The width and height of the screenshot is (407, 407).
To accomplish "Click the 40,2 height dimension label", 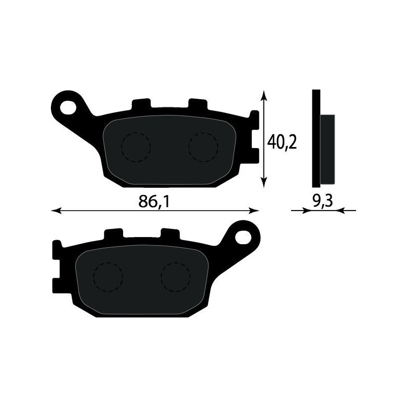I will (x=282, y=142).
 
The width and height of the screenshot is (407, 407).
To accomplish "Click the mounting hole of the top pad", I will (x=68, y=107).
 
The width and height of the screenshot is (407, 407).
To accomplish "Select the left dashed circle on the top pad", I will (x=136, y=147).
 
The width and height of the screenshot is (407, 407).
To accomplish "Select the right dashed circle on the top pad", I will (x=203, y=147).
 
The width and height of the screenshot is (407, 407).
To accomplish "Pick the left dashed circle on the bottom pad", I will (x=108, y=277).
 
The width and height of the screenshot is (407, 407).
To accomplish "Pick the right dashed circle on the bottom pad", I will (x=176, y=277).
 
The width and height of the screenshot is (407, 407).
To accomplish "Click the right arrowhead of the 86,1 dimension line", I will (x=255, y=210).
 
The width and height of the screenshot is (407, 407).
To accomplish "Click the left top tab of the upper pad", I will (x=141, y=104).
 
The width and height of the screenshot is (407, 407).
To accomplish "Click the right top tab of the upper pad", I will (x=198, y=104).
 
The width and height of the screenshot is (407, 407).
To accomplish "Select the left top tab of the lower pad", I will (x=113, y=235).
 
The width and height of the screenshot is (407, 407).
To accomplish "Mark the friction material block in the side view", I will (x=328, y=150).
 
